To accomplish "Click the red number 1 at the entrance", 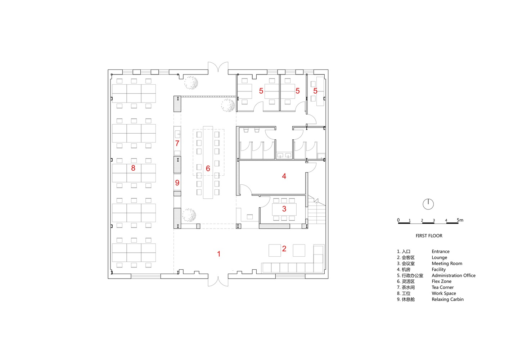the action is click(219, 254).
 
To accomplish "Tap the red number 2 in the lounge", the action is click(284, 249).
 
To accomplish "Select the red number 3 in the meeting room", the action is click(284, 209).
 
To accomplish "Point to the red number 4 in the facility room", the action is click(284, 176).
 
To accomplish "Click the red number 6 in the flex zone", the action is click(208, 168).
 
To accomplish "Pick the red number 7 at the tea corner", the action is click(177, 143).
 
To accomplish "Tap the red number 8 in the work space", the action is click(133, 168).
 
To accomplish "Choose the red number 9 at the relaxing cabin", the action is click(177, 183).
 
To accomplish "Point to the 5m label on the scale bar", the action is click(460, 220).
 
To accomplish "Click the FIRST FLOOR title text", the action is click(429, 236).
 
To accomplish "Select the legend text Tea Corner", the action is click(443, 288).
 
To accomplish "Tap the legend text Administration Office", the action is click(454, 275).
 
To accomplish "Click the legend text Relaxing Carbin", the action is click(448, 299).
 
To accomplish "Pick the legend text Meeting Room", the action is click(447, 264).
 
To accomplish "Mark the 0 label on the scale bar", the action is click(398, 220).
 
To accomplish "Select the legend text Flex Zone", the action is click(442, 282).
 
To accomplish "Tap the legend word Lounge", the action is click(440, 258).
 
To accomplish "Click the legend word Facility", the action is click(439, 270).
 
